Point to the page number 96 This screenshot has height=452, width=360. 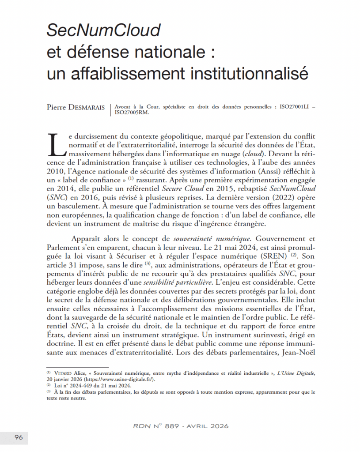[19, 437]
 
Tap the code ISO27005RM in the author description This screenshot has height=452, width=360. [132, 112]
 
